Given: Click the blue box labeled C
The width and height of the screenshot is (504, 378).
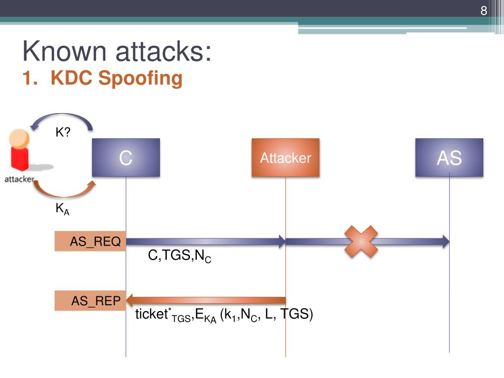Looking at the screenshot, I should (x=126, y=157).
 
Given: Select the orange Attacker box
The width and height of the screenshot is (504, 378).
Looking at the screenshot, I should (x=285, y=157).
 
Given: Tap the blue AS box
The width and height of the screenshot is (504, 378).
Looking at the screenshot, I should (x=449, y=157).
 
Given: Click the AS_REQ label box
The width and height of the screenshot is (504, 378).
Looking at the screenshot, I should (x=91, y=242).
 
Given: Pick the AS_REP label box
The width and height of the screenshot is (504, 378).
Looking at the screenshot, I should (x=91, y=301).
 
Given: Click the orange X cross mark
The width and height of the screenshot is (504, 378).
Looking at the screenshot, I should (x=361, y=242).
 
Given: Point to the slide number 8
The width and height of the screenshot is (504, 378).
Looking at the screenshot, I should (x=484, y=11).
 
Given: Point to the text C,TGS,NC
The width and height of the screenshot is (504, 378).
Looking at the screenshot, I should (x=180, y=256).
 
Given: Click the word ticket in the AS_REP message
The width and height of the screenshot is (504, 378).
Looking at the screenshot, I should (x=152, y=315).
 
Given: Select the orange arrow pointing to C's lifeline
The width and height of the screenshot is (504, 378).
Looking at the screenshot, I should (x=207, y=300).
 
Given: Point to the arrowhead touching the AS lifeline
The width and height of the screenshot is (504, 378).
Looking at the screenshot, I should (x=445, y=241).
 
